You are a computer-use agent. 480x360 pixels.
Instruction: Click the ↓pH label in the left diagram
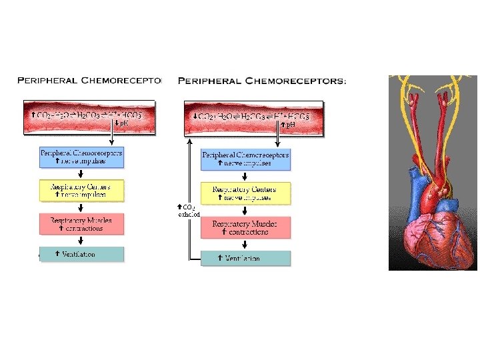pyautogui.click(x=122, y=123)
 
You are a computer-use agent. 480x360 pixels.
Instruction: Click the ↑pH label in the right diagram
pyautogui.click(x=288, y=125)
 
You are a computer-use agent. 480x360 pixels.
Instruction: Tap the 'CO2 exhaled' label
pyautogui.click(x=189, y=211)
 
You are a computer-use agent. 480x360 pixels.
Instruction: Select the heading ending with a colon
pyautogui.click(x=262, y=81)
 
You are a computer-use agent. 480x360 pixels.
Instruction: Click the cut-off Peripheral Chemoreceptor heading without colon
pyautogui.click(x=89, y=81)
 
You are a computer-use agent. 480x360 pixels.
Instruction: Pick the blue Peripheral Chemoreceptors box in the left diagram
pyautogui.click(x=81, y=157)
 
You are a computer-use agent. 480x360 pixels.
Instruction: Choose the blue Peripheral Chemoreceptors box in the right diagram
pyautogui.click(x=246, y=159)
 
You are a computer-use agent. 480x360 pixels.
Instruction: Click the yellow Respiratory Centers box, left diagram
pyautogui.click(x=81, y=190)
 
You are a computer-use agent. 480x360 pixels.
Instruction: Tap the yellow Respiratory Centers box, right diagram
pyautogui.click(x=246, y=193)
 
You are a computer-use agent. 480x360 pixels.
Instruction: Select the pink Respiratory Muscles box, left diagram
pyautogui.click(x=81, y=224)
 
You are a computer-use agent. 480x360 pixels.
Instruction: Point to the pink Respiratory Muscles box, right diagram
pyautogui.click(x=246, y=227)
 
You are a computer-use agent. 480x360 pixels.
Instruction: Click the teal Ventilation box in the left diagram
pyautogui.click(x=81, y=254)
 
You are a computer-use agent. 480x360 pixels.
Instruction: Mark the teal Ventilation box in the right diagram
pyautogui.click(x=246, y=258)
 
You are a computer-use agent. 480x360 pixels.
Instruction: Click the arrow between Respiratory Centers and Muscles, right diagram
pyautogui.click(x=246, y=211)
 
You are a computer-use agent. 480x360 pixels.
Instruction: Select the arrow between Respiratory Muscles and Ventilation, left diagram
pyautogui.click(x=81, y=240)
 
